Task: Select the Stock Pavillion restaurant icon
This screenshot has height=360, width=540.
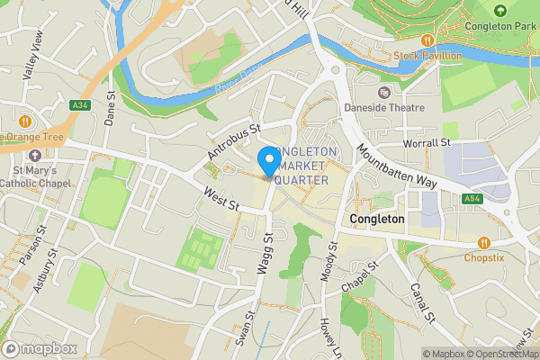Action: tap(427, 40)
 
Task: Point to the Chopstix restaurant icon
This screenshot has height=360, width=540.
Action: tap(485, 242)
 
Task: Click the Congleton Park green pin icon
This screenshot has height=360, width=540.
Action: tap(501, 11)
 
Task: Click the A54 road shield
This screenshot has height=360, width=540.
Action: tap(472, 199)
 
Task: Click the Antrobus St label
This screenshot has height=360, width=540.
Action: tap(233, 143)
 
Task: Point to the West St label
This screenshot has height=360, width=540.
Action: tap(220, 199)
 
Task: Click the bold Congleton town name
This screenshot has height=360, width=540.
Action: tap(377, 219)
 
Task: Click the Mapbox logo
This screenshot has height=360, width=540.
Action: tap(40, 348)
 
